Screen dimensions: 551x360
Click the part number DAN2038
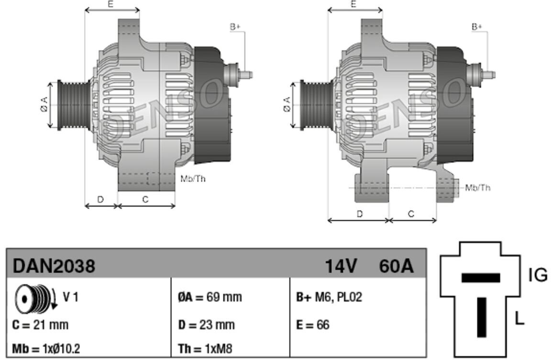click(54, 266)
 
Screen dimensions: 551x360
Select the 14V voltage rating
click(341, 266)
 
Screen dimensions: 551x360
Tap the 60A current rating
click(397, 266)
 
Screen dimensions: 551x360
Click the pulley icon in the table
click(35, 298)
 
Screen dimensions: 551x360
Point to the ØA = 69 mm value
click(210, 297)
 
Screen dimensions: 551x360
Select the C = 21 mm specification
click(40, 325)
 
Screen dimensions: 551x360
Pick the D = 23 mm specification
click(206, 325)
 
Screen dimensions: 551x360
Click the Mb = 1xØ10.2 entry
click(46, 349)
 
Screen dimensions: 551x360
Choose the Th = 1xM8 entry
click(205, 349)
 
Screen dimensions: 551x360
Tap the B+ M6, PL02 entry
click(329, 297)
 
